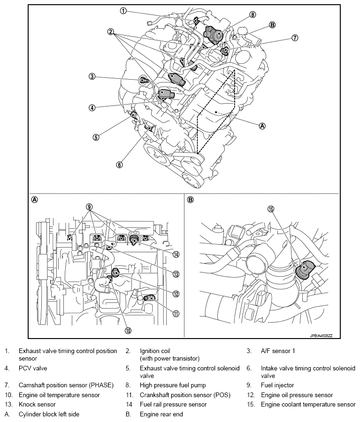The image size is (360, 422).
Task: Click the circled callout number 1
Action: (x=123, y=11)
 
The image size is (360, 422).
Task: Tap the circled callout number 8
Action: (x=253, y=15)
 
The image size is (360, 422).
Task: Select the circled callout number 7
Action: (x=295, y=38)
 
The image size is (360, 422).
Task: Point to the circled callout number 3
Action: (x=92, y=76)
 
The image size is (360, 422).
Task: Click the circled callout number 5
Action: (x=96, y=137)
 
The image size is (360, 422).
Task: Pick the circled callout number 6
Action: (x=119, y=165)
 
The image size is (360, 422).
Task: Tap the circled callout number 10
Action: (x=128, y=330)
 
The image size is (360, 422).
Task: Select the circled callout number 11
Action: (x=176, y=313)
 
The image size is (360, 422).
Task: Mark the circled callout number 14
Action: (x=176, y=255)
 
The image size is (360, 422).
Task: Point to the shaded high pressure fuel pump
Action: (x=215, y=34)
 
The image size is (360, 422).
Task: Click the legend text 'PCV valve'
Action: (x=33, y=369)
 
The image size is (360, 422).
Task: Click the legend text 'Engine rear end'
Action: (x=161, y=414)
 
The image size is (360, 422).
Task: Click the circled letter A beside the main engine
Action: (x=262, y=126)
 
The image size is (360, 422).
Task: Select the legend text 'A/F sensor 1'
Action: (x=277, y=351)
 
